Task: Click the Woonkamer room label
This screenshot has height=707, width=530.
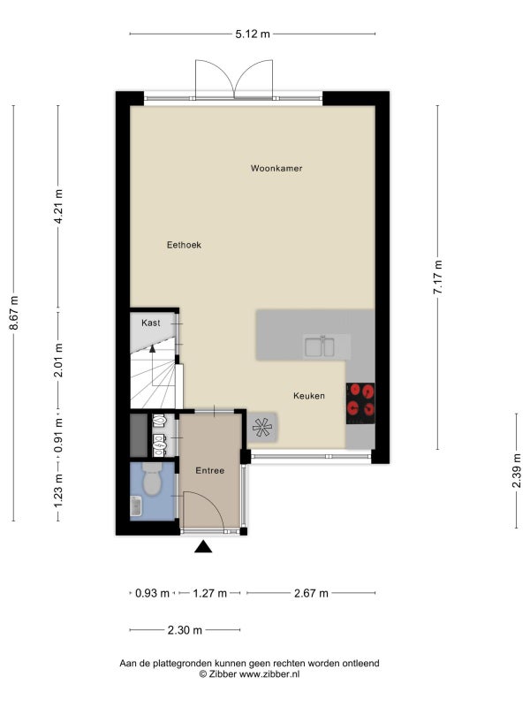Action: tap(276, 168)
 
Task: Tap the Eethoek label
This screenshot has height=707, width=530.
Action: tap(184, 245)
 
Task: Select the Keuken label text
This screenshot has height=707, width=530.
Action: tap(308, 396)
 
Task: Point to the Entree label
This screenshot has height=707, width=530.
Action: tap(209, 470)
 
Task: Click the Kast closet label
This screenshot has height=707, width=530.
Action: tap(150, 323)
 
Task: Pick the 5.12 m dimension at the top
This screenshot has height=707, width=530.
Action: tap(253, 34)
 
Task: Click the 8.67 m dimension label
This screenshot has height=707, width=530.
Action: tap(14, 313)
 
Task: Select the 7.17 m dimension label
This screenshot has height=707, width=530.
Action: tap(437, 277)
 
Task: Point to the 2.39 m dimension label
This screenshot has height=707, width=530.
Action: tap(517, 471)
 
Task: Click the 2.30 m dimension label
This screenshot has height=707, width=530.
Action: tap(185, 630)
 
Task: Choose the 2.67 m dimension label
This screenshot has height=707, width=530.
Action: tap(311, 593)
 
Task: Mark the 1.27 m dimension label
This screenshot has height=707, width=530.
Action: tap(209, 593)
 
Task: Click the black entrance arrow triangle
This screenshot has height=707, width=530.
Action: tap(203, 547)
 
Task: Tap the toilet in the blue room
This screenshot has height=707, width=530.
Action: tap(152, 479)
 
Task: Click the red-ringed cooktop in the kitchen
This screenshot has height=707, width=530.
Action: tap(360, 403)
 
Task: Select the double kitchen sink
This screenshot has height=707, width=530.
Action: tap(320, 346)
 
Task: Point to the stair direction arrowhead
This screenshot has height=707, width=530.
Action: tap(152, 348)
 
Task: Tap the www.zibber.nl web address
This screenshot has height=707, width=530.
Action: tap(269, 674)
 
